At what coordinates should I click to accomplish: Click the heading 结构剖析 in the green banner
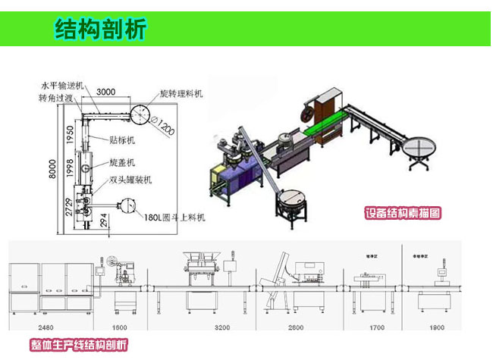click(100, 29)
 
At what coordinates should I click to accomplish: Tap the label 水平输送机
click(62, 86)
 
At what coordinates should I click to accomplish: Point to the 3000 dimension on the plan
click(106, 92)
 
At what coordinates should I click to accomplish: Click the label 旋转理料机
click(182, 93)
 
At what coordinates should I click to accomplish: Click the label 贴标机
click(121, 140)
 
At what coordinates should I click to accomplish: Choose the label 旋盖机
click(121, 162)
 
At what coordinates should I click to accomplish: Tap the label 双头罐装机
click(130, 180)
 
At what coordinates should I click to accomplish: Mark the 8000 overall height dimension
click(49, 171)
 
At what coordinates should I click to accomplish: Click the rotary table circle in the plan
click(141, 114)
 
